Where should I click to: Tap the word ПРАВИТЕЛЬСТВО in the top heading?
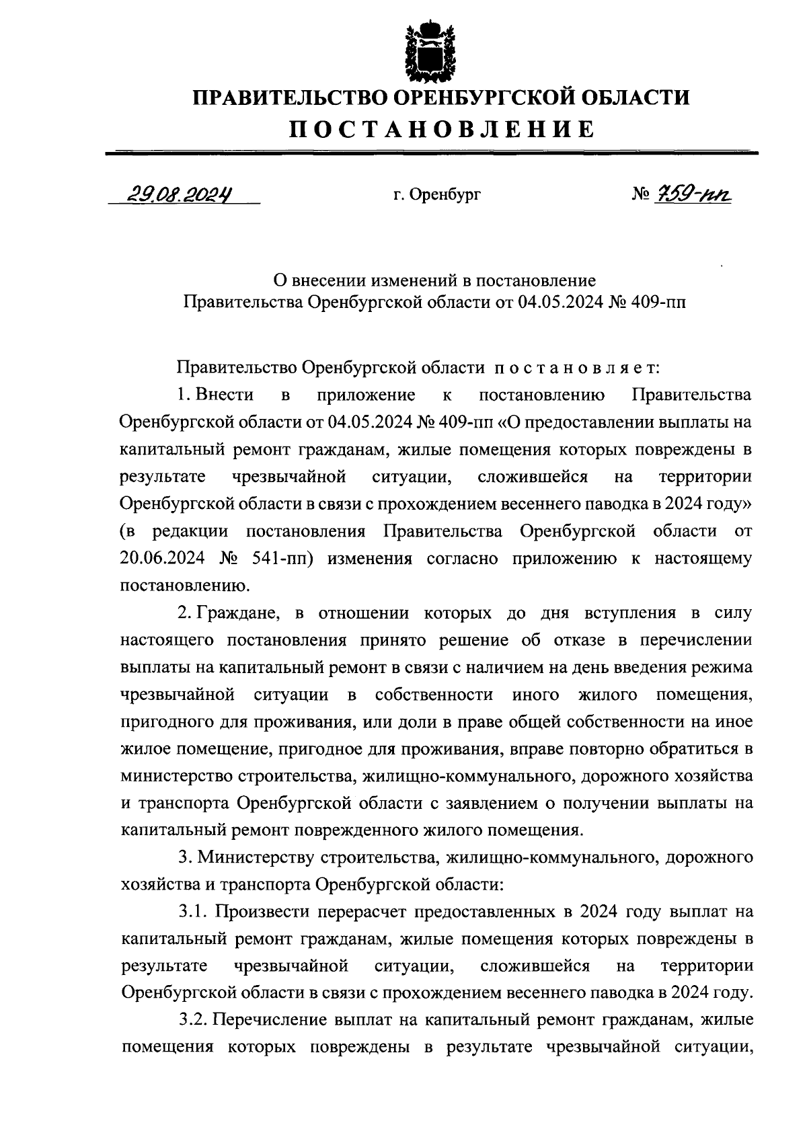[x=289, y=97]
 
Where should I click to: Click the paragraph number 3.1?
[x=192, y=912]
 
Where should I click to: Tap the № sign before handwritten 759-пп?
[x=640, y=196]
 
